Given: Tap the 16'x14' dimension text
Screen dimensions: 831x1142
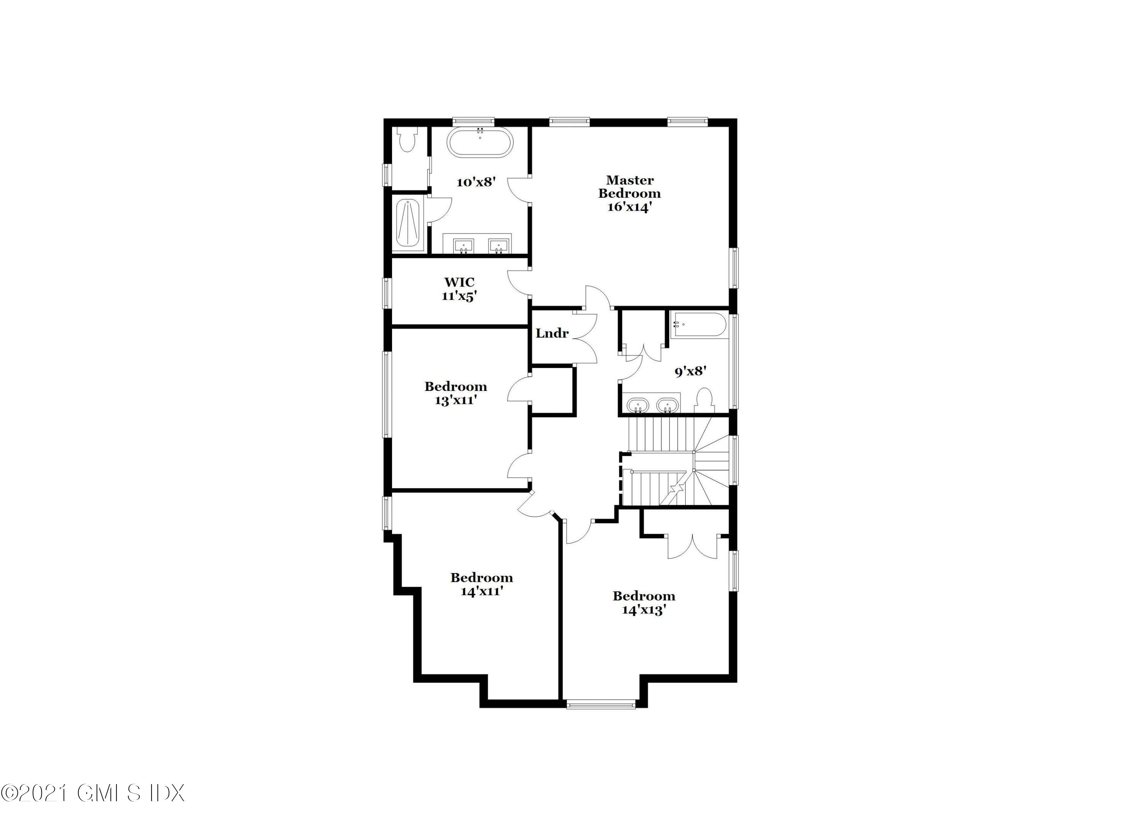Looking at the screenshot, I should click(629, 207).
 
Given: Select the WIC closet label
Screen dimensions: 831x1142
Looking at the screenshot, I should click(459, 282).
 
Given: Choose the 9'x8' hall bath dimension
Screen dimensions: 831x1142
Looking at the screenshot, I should click(690, 372).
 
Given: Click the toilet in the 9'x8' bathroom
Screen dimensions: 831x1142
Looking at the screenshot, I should click(704, 400).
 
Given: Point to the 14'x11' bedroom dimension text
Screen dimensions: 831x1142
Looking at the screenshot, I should click(482, 591).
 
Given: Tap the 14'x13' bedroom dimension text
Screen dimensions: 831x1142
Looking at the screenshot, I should click(644, 610).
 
